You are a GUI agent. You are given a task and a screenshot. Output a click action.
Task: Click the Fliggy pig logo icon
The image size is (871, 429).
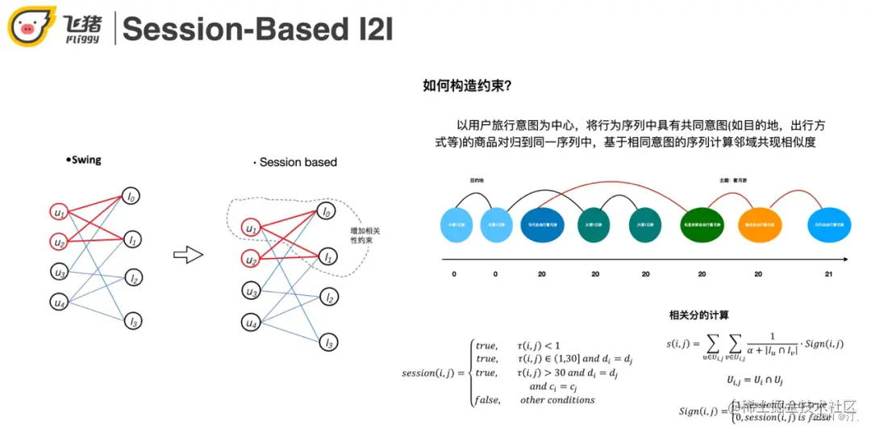tap(31, 27)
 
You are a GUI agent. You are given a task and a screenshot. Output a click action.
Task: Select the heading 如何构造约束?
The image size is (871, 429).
tap(467, 85)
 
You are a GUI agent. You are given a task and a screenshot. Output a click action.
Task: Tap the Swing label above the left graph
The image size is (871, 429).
tap(84, 160)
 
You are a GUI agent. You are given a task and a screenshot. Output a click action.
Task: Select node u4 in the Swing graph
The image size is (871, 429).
tap(59, 302)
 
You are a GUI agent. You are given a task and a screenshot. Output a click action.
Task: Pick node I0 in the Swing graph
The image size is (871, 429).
tap(131, 195)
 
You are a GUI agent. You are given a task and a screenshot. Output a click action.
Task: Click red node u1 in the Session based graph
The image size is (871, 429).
tap(252, 229)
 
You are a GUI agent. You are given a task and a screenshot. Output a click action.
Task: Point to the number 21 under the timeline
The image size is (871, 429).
tap(829, 274)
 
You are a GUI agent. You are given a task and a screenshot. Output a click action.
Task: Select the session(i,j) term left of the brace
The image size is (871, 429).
tap(428, 373)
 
